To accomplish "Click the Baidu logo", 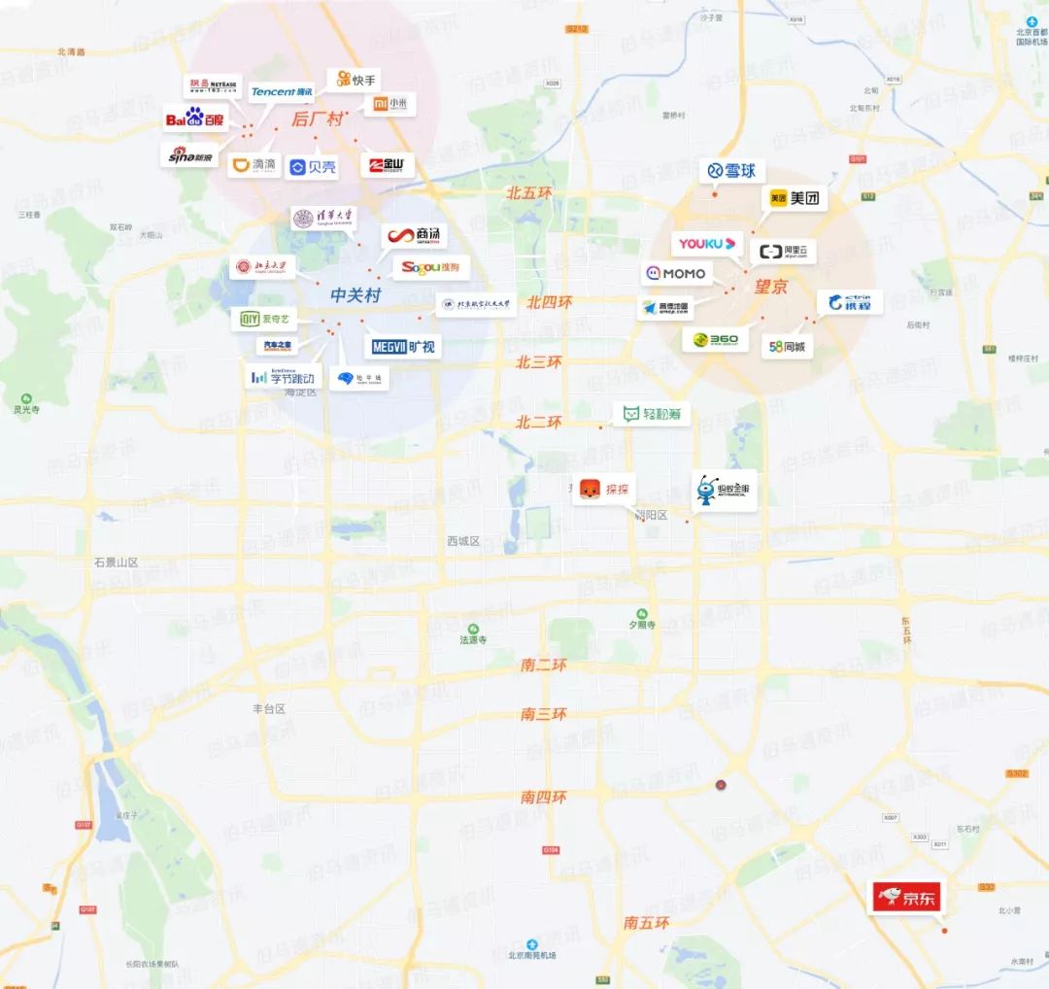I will pyautogui.click(x=195, y=119).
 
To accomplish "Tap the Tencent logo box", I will pyautogui.click(x=282, y=91).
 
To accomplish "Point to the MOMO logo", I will pyautogui.click(x=675, y=274).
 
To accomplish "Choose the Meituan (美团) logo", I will pyautogui.click(x=795, y=198).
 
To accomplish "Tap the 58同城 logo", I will pyautogui.click(x=787, y=345).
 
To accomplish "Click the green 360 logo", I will pyautogui.click(x=716, y=339).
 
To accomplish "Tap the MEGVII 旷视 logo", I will pyautogui.click(x=403, y=345).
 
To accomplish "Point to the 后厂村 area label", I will pyautogui.click(x=318, y=119).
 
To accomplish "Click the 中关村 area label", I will pyautogui.click(x=355, y=294).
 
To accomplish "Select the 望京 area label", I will pyautogui.click(x=771, y=288).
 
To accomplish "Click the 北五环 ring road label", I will pyautogui.click(x=528, y=193).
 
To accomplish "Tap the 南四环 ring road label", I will pyautogui.click(x=543, y=797).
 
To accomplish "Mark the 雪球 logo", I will pyautogui.click(x=732, y=171).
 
